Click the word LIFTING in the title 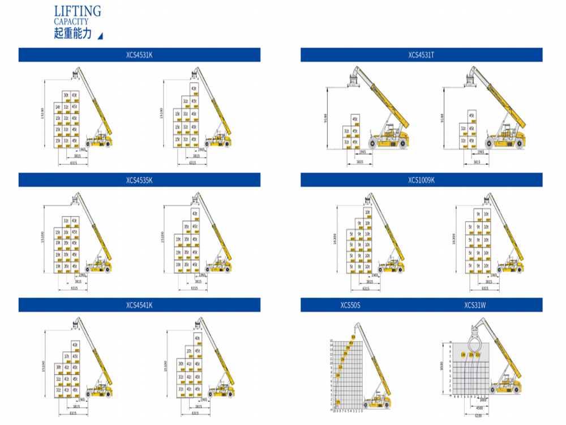[78, 11]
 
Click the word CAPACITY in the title [71, 22]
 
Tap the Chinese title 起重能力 [72, 33]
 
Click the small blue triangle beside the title [100, 36]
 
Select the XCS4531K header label [139, 55]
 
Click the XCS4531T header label [421, 55]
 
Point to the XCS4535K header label [139, 180]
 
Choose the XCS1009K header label [421, 180]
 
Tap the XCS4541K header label [139, 305]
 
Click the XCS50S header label [350, 305]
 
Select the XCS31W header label [475, 305]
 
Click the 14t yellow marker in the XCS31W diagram [464, 354]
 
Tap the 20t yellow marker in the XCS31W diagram [471, 354]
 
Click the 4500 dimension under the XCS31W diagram [479, 407]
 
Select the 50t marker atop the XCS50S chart [353, 338]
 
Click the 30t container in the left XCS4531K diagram [66, 95]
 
